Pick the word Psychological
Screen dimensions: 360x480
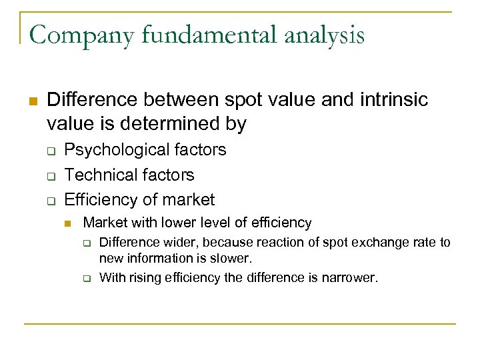click(117, 150)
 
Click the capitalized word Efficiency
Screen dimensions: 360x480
click(99, 199)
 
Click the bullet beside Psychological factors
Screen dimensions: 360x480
click(51, 151)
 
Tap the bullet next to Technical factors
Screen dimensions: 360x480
click(51, 175)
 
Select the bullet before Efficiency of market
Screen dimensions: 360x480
click(51, 200)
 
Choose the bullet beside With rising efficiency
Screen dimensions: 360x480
click(86, 278)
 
